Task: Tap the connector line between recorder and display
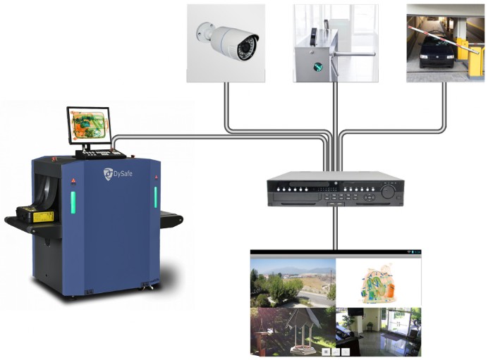(335, 228)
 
